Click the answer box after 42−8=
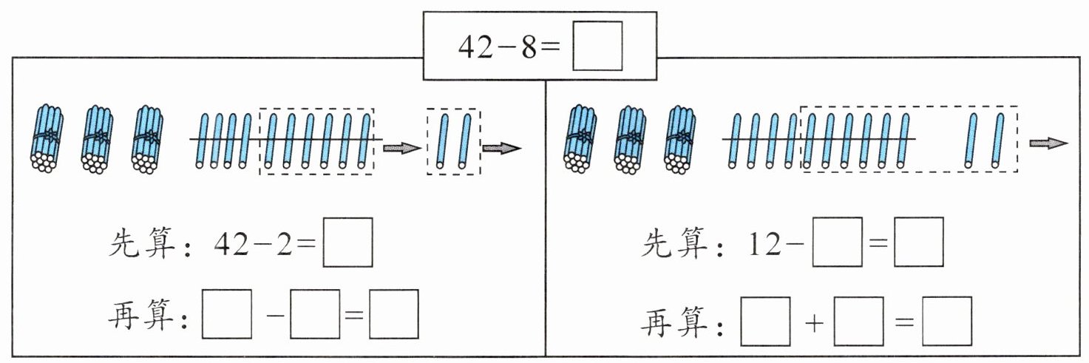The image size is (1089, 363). point(597,46)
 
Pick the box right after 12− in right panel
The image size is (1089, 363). point(837,241)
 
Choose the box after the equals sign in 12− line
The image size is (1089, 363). point(918,241)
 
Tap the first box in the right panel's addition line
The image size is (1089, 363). point(766,320)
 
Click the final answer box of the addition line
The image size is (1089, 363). point(947,320)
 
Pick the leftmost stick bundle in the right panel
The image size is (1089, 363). point(582,139)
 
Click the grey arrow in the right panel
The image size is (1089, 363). point(1048,143)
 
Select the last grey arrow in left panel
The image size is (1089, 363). point(501,149)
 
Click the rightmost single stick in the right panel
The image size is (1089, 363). point(999,140)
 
